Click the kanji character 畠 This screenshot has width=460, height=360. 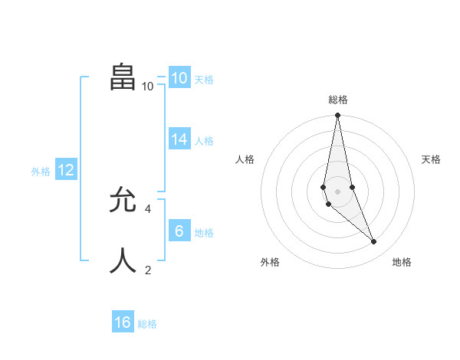[x=123, y=77]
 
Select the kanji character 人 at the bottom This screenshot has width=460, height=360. [x=123, y=260]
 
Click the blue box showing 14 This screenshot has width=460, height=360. [x=179, y=139]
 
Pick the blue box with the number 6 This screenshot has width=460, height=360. [x=179, y=231]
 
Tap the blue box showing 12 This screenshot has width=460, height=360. [x=66, y=171]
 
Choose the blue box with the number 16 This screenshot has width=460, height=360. [x=123, y=322]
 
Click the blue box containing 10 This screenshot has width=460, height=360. [x=179, y=78]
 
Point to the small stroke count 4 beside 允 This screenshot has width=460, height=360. [x=148, y=208]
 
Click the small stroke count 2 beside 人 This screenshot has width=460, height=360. [x=148, y=270]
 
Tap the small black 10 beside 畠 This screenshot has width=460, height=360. [x=148, y=87]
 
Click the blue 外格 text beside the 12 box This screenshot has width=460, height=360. [x=41, y=172]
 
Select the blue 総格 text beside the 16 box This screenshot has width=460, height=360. [x=147, y=324]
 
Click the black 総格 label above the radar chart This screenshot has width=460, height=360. [x=338, y=100]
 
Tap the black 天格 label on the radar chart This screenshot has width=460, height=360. [x=432, y=159]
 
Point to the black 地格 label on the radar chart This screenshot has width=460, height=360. [x=402, y=262]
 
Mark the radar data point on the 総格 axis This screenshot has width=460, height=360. [x=338, y=116]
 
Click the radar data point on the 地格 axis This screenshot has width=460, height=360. [x=374, y=242]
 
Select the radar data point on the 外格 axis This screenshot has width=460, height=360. [x=328, y=205]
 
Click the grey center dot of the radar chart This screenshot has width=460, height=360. [x=338, y=191]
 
